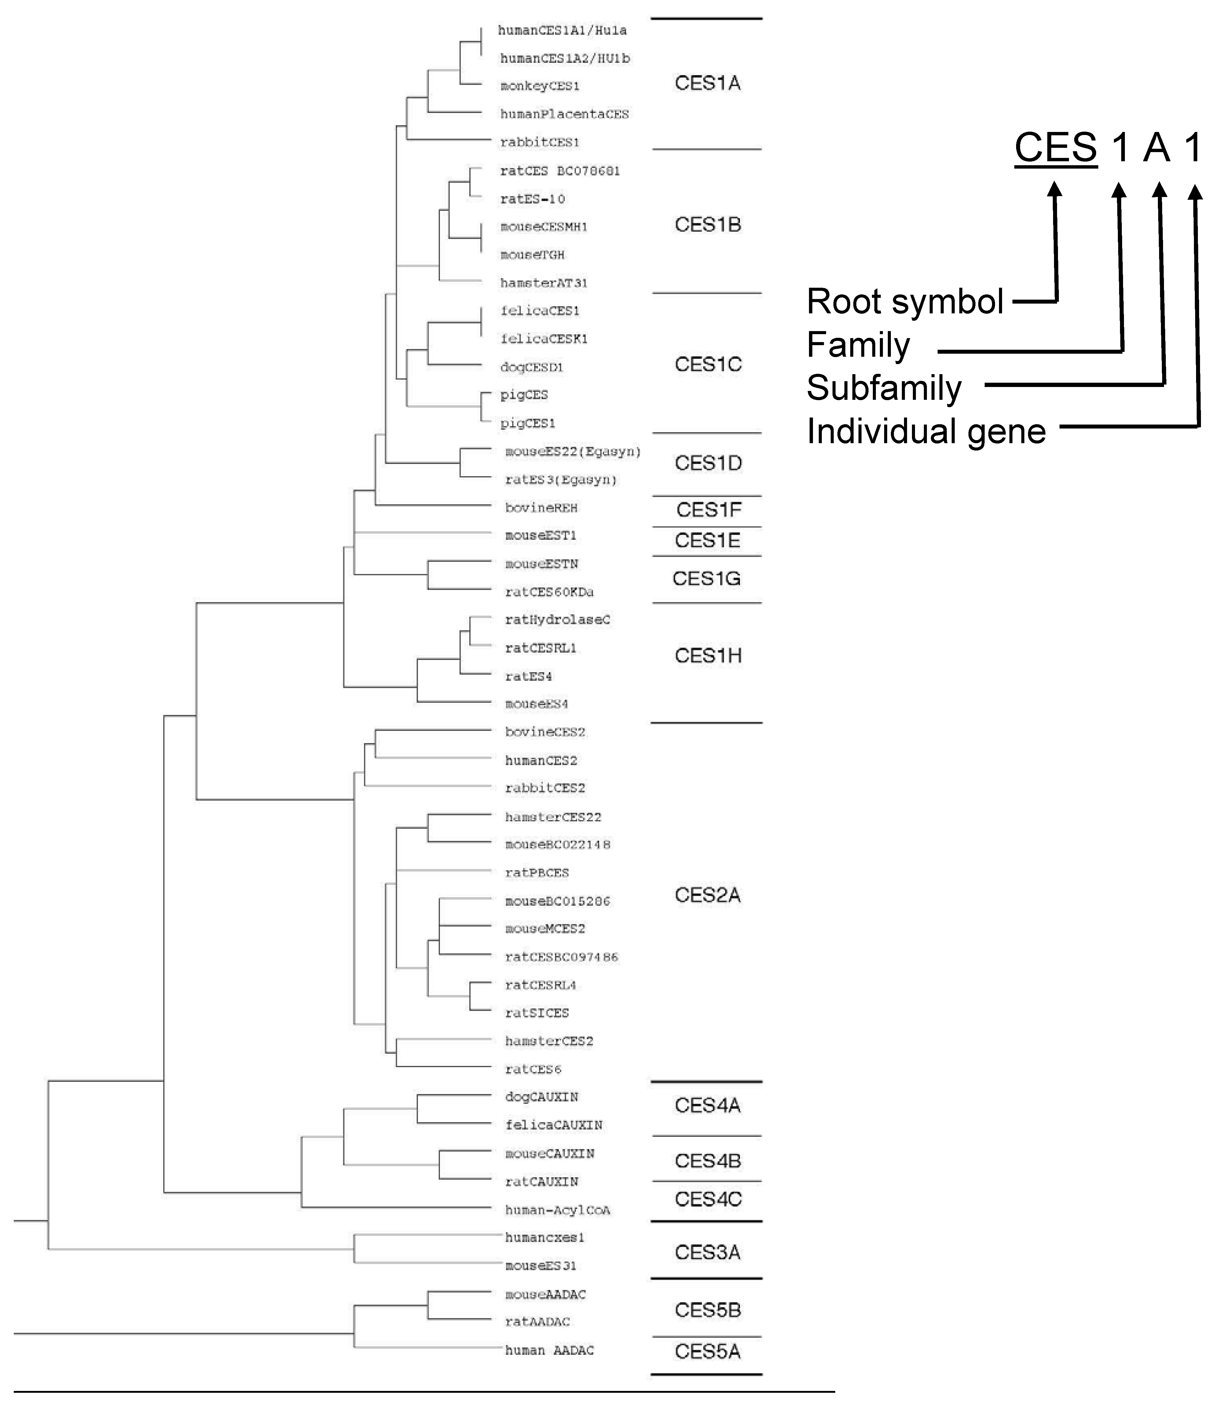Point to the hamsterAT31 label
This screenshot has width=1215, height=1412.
(543, 283)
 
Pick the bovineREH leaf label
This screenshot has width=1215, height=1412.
(541, 508)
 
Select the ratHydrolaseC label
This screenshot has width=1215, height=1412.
(557, 619)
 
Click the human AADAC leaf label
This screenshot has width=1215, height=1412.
(549, 1350)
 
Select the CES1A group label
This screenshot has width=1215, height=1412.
(707, 83)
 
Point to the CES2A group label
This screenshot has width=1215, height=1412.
(707, 895)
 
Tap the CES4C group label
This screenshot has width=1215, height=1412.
(708, 1199)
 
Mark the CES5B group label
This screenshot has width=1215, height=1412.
(707, 1310)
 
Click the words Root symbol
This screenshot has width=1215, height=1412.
(905, 301)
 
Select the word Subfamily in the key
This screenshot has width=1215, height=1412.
(884, 388)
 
